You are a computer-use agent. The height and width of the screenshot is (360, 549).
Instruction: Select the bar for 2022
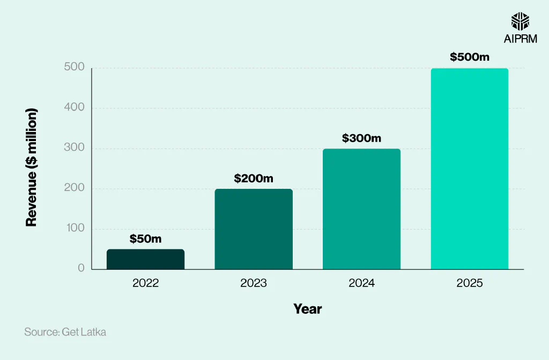click(x=145, y=259)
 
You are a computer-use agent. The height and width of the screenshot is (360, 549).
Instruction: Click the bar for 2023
click(x=254, y=229)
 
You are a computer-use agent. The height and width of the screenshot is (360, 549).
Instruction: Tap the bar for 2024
click(x=361, y=209)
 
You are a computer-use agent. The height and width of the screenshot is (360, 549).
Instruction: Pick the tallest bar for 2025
click(x=470, y=169)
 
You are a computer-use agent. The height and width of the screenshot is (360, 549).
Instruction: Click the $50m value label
click(x=145, y=239)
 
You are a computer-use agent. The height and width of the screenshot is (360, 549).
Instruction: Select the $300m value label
click(x=361, y=138)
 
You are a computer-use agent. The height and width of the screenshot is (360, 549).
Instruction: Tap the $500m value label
click(x=470, y=57)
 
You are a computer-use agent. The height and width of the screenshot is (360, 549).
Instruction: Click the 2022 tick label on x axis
click(x=145, y=283)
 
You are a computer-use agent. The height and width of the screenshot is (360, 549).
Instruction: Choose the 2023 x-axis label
click(x=254, y=283)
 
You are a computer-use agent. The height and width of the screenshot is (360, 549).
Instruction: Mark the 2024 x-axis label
click(x=361, y=283)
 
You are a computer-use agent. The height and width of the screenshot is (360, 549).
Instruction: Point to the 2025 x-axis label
click(x=470, y=283)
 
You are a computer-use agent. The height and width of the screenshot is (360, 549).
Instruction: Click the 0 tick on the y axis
click(x=81, y=268)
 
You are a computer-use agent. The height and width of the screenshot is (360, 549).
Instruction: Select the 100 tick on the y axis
click(x=76, y=228)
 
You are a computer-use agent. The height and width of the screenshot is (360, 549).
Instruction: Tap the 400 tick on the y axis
click(x=76, y=107)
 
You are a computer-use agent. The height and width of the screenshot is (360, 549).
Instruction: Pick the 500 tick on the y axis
click(x=76, y=68)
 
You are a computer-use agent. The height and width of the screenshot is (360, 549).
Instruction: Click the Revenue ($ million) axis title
click(x=32, y=167)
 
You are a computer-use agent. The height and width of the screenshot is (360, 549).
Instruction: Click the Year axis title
click(x=307, y=309)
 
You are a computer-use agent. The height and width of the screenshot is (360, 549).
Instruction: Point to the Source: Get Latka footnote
click(x=65, y=332)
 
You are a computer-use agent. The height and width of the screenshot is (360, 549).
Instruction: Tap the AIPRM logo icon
click(x=520, y=21)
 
